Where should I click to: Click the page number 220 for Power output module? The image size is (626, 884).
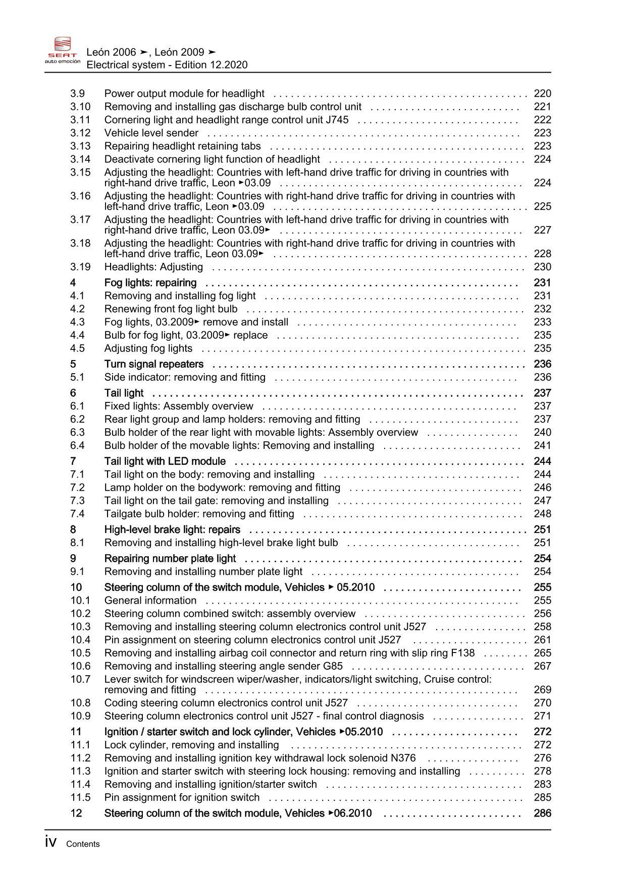542,93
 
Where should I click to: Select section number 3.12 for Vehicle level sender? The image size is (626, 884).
80,133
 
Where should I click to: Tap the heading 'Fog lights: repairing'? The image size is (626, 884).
150,282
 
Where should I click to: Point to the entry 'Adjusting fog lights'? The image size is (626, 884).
148,348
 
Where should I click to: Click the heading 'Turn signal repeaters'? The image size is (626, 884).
153,364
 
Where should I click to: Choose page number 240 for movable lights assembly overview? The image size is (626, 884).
542,432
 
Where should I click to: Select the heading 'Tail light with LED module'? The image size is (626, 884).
165,461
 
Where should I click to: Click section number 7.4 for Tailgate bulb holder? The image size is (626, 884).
77,513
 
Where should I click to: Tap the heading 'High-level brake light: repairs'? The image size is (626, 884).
172,529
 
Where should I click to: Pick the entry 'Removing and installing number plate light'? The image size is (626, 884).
203,571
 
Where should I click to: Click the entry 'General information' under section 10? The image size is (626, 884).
150,600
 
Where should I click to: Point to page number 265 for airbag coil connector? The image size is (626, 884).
542,653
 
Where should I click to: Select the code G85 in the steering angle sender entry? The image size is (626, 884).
332,666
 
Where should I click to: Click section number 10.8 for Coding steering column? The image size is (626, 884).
80,702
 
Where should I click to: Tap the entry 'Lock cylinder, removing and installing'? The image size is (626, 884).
191,745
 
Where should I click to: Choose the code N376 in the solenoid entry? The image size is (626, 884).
403,758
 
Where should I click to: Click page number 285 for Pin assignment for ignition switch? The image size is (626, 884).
542,797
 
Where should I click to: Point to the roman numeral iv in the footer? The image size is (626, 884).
50,842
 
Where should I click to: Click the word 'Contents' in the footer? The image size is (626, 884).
83,844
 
